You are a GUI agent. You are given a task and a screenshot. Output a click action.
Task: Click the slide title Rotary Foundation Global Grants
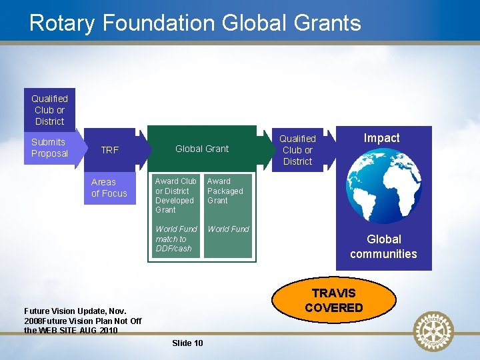pyautogui.click(x=195, y=23)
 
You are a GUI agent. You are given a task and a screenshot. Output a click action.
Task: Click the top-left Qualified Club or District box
pyautogui.click(x=49, y=110)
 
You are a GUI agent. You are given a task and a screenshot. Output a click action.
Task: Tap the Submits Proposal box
pyautogui.click(x=49, y=147)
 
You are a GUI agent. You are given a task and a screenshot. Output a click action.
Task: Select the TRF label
pyautogui.click(x=109, y=150)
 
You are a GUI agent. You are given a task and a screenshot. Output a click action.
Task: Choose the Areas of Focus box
pyautogui.click(x=109, y=187)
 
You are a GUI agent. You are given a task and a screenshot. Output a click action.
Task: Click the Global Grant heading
pyautogui.click(x=201, y=149)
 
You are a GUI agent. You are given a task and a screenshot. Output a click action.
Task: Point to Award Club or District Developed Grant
pyautogui.click(x=175, y=195)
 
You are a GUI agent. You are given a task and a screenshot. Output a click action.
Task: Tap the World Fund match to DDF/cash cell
pyautogui.click(x=175, y=239)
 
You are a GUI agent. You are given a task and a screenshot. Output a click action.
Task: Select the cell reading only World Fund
pyautogui.click(x=228, y=229)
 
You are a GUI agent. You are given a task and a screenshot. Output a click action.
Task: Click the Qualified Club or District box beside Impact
pyautogui.click(x=297, y=150)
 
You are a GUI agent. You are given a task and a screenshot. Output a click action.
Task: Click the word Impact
pyautogui.click(x=381, y=138)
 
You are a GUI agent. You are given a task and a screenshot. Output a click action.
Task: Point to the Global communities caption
pyautogui.click(x=383, y=246)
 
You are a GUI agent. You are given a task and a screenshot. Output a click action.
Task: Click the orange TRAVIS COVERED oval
pyautogui.click(x=333, y=300)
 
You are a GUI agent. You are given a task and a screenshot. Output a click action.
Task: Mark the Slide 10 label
pyautogui.click(x=187, y=343)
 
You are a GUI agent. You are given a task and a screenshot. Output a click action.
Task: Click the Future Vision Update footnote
pyautogui.click(x=82, y=321)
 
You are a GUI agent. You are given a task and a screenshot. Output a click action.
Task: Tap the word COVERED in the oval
pyautogui.click(x=333, y=307)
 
